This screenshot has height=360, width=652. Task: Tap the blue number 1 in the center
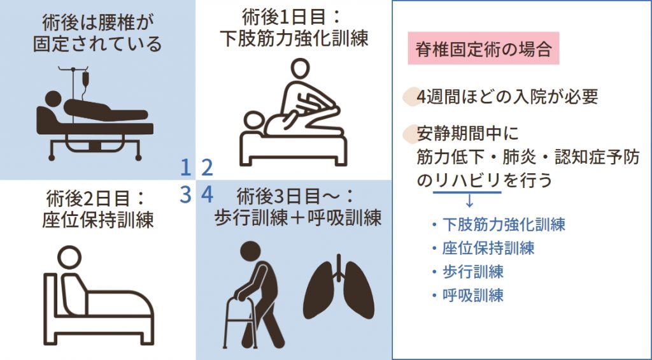[185, 167]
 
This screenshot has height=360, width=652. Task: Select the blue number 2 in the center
[207, 167]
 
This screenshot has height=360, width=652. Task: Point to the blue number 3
[185, 194]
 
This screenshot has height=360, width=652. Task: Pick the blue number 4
[207, 194]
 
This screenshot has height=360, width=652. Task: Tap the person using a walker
[255, 293]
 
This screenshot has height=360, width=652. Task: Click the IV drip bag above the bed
[83, 80]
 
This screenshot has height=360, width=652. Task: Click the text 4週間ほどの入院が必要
[507, 97]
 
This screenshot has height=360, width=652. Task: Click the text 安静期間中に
[468, 134]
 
